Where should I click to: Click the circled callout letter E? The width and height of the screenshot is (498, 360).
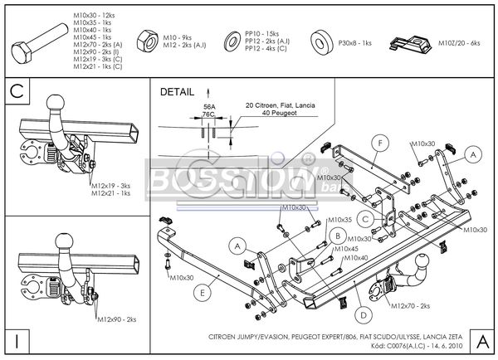203,291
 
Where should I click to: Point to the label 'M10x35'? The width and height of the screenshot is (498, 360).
339,220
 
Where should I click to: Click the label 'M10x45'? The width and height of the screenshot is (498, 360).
346,249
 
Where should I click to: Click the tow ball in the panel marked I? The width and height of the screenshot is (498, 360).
67,241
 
